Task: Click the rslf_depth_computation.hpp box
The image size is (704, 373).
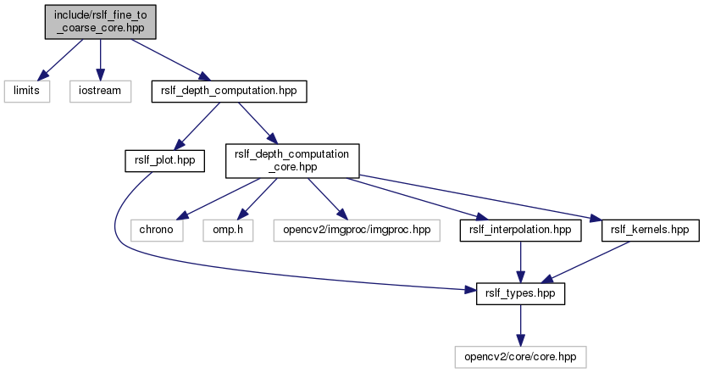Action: (228, 91)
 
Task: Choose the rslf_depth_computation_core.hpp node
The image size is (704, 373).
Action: (291, 160)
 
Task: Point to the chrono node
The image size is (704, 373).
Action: (158, 229)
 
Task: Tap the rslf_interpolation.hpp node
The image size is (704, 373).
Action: (519, 229)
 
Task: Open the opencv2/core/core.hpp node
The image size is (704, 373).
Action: (519, 357)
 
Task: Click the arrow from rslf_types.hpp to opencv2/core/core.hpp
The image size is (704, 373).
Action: (519, 325)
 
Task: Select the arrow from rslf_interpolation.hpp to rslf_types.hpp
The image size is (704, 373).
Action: (519, 261)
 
